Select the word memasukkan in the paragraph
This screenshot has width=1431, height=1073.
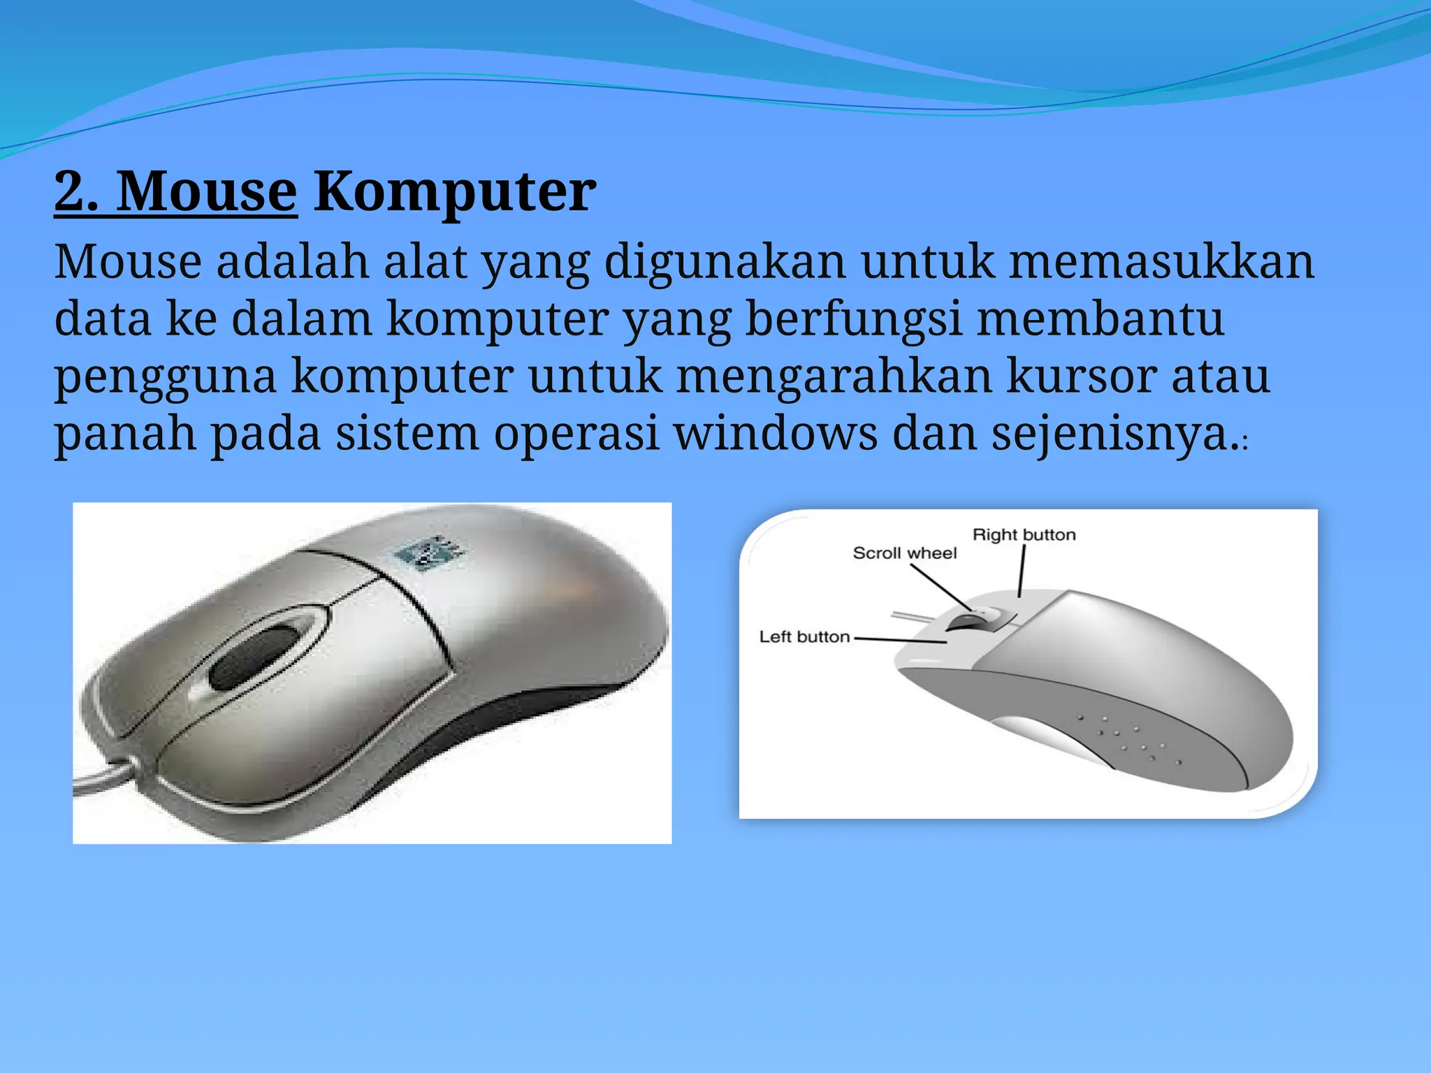click(x=1162, y=261)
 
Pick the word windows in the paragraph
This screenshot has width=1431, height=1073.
click(x=776, y=433)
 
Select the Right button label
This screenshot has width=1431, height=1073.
click(x=1024, y=535)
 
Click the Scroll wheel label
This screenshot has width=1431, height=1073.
click(x=904, y=553)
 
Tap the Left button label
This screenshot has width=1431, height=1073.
click(x=804, y=637)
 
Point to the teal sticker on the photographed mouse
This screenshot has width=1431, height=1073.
click(x=429, y=553)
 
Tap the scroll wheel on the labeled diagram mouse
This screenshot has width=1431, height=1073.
click(x=973, y=620)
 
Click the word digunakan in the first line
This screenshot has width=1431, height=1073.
click(x=725, y=261)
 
